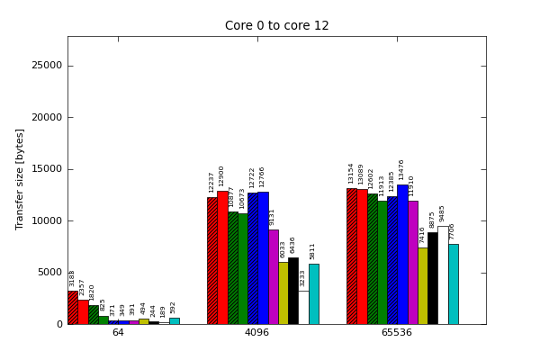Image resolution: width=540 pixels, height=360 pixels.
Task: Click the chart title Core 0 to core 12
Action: coord(276,26)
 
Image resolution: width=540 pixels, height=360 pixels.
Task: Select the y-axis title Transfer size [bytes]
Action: coord(20,178)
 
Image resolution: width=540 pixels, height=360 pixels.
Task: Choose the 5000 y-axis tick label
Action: coord(49,273)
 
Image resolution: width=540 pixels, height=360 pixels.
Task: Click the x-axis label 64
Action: coord(118,333)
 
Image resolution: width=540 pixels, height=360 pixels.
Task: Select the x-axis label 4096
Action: coord(257,333)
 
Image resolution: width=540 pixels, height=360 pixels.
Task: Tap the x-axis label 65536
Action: coord(397,333)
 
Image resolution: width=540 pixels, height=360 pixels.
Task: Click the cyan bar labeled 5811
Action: coord(313,294)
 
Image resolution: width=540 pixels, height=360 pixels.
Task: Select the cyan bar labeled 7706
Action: coord(453,284)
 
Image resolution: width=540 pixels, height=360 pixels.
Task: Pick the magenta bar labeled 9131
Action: coord(273,277)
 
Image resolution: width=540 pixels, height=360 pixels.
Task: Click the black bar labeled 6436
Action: coord(293,291)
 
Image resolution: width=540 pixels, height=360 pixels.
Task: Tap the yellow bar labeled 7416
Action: coord(422,286)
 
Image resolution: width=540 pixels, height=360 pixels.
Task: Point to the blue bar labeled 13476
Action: coord(402,255)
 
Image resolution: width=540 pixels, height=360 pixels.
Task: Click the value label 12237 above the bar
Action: coord(212,182)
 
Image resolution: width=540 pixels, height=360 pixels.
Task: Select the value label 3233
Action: coord(303,278)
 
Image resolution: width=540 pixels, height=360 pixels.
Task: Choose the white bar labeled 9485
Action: coord(443,275)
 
